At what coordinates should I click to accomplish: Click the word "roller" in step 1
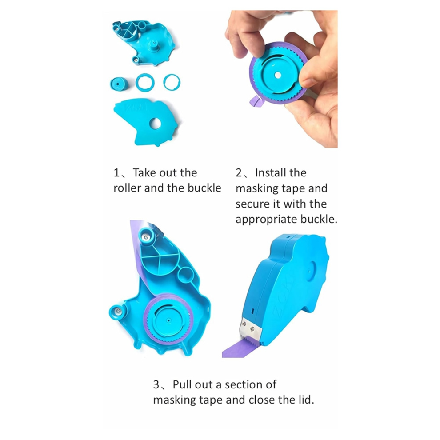point(127,188)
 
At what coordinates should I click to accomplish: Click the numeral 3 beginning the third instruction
point(156,384)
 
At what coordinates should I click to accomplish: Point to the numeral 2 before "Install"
point(239,173)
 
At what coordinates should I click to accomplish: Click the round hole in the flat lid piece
point(155,124)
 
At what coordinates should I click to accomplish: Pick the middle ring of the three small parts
point(145,83)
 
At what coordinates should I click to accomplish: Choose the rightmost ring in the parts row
point(172,82)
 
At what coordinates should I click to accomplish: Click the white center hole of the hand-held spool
point(278,75)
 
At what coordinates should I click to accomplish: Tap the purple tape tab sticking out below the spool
point(256,100)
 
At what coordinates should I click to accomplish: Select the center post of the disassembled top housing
point(153,44)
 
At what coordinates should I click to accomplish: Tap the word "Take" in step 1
point(144,173)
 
